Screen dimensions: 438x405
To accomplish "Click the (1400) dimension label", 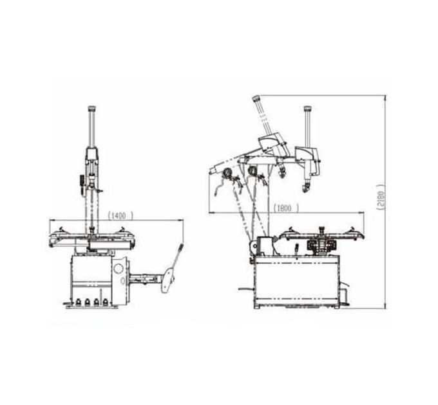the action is point(120,215).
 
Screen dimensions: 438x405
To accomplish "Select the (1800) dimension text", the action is point(286,208).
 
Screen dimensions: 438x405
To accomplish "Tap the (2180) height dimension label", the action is point(381,197).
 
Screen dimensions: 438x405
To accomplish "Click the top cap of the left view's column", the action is point(92,108).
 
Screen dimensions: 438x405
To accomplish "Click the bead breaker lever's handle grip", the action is point(181,248).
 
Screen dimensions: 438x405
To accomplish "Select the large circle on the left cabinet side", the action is point(119,269).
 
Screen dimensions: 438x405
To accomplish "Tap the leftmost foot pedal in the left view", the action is point(78,302).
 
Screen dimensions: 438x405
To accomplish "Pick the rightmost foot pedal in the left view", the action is point(105,302).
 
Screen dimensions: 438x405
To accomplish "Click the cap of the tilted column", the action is point(256,98).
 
